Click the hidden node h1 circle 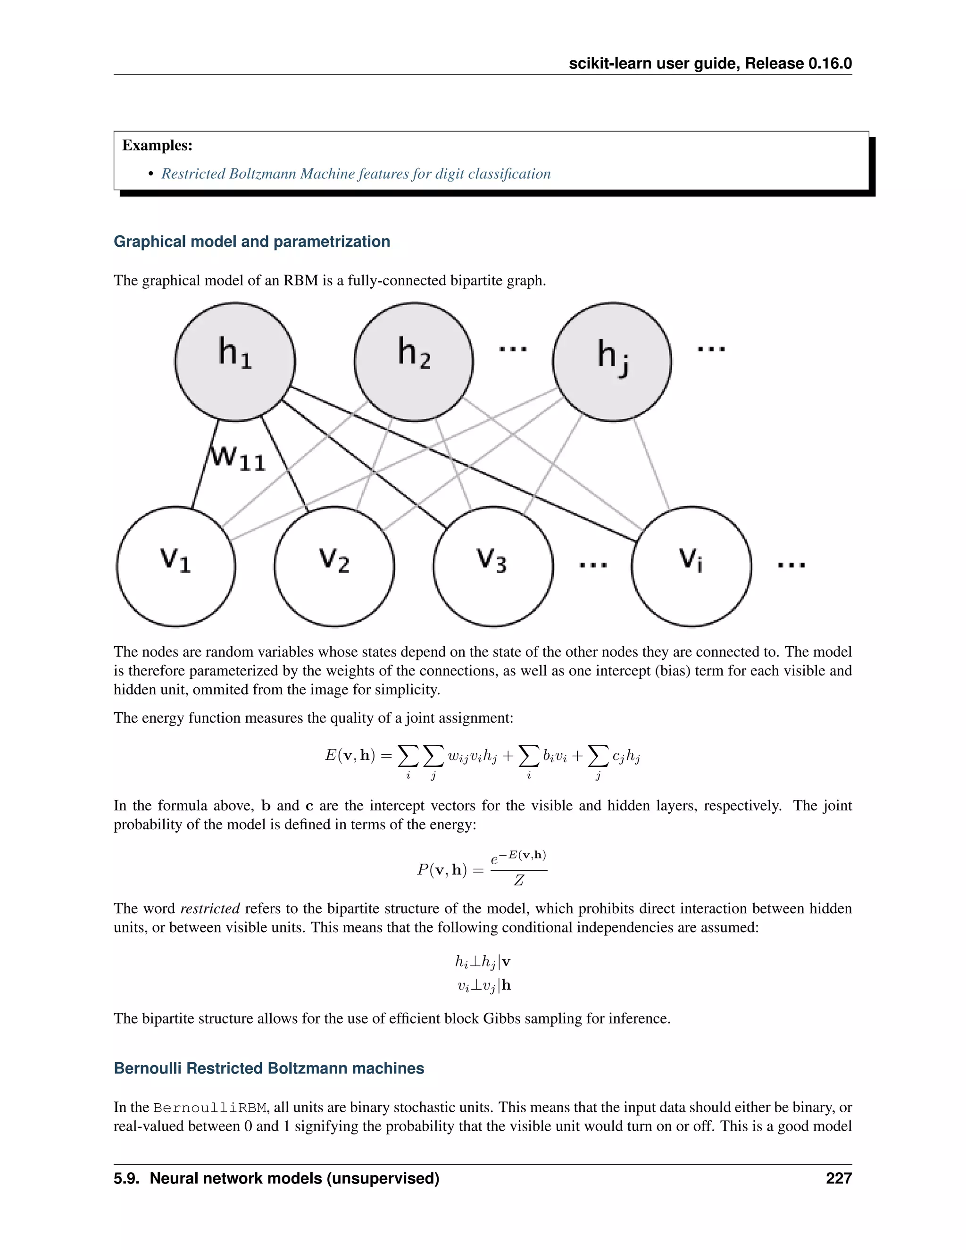[x=235, y=362]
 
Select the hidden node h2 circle [x=414, y=362]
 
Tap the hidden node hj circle [x=612, y=362]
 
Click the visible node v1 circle [x=175, y=566]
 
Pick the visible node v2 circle [x=334, y=566]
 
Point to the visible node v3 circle [x=493, y=566]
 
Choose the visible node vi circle [x=691, y=566]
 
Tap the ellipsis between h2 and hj [x=513, y=349]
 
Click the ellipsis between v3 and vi [x=593, y=565]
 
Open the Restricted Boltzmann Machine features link [x=355, y=174]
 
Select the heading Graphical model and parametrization [x=252, y=242]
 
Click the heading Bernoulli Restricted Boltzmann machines [x=269, y=1068]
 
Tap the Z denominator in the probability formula [x=518, y=880]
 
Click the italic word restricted [x=210, y=908]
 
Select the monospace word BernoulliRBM [x=209, y=1108]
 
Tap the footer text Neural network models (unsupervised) [x=294, y=1178]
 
